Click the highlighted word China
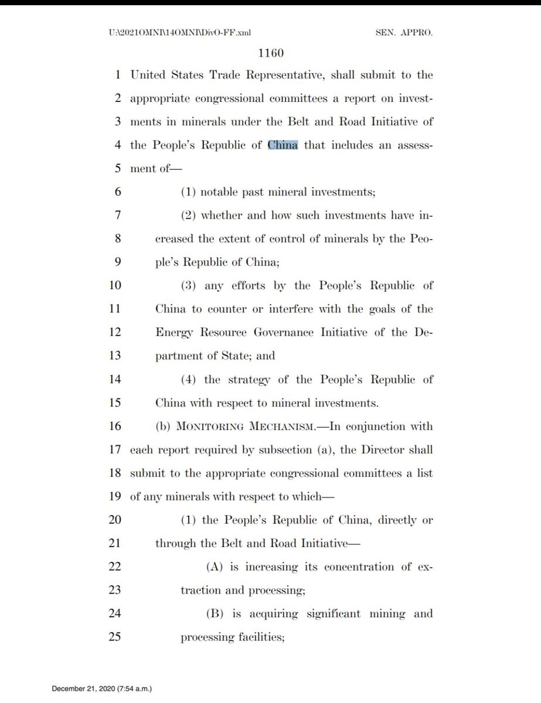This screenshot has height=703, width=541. click(x=283, y=145)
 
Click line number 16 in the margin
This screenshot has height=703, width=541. click(x=115, y=426)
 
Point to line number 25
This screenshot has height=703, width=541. click(x=115, y=637)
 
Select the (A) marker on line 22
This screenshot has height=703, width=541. click(x=215, y=567)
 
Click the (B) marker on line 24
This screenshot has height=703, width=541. click(x=215, y=614)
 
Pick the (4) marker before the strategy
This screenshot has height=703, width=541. click(x=189, y=380)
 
